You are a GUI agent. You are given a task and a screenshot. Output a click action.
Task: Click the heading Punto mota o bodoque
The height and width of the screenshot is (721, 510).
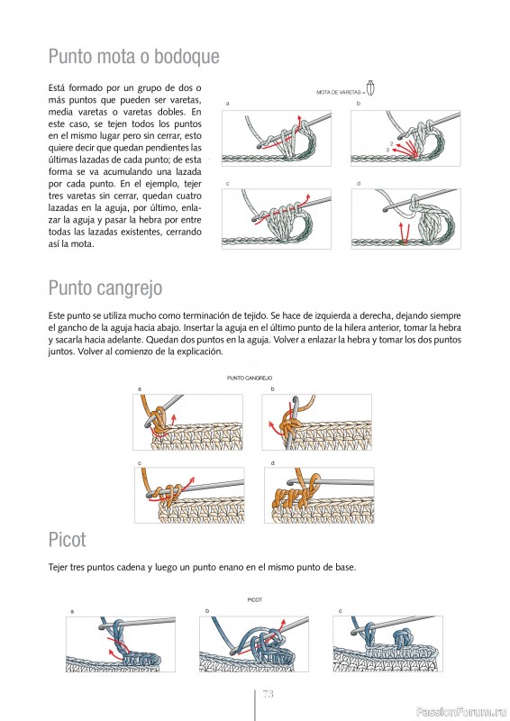point(134,57)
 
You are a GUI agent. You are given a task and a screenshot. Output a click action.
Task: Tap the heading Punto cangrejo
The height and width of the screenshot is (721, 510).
point(105,288)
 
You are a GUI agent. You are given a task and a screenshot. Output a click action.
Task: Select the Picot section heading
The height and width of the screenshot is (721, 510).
point(68,539)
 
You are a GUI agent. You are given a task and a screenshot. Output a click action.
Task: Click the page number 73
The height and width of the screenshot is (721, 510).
point(268,693)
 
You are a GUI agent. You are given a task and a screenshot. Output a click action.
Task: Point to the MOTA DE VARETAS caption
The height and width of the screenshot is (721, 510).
point(339,93)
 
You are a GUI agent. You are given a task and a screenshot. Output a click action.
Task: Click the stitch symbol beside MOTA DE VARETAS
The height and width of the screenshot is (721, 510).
point(370,87)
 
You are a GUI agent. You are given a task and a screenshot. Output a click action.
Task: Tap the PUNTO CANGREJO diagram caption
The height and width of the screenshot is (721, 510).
point(250,378)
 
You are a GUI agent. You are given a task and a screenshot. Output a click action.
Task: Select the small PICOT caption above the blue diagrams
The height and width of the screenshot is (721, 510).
point(255,600)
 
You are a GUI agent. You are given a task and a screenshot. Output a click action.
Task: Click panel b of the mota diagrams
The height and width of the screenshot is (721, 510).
point(406,138)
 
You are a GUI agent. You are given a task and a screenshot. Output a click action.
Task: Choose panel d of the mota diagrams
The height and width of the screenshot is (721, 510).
point(406,219)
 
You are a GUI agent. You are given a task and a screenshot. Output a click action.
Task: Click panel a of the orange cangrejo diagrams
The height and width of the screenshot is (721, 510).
point(187,422)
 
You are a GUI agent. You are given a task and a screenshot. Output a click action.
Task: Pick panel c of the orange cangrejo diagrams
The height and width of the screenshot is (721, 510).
point(189,495)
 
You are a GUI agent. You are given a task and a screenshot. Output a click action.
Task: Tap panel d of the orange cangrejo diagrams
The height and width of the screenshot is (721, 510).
point(319,495)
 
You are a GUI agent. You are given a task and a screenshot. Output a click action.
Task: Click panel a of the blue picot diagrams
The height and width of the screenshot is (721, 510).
point(121,644)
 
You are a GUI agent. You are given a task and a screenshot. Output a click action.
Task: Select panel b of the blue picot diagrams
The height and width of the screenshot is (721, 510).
point(254,644)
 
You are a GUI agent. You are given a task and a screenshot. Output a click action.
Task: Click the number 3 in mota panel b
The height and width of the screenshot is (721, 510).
point(387,150)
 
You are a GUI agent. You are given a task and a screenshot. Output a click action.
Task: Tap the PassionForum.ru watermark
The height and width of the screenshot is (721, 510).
point(461,712)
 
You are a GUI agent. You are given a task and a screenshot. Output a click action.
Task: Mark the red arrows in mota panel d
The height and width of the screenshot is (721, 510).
point(404,233)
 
